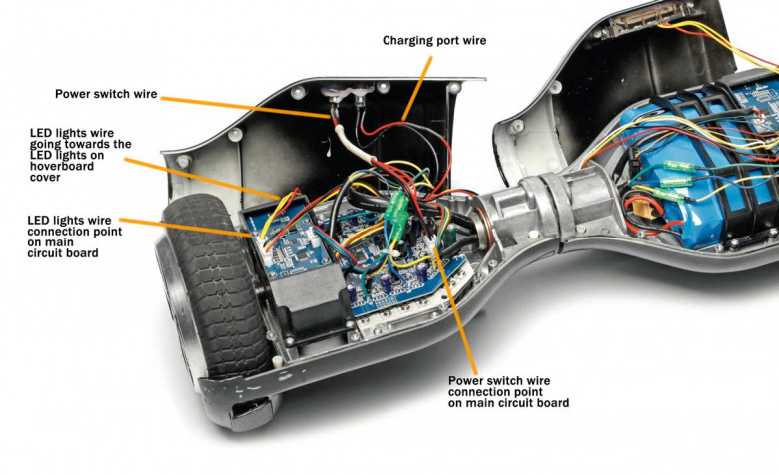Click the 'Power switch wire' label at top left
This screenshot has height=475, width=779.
tap(105, 95)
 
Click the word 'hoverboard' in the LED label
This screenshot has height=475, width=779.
tap(59, 167)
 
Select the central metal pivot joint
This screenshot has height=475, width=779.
tap(529, 215)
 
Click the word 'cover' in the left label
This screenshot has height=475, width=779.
tap(46, 179)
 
